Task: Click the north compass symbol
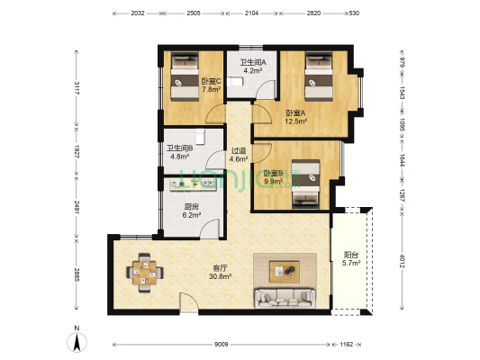click(77, 339)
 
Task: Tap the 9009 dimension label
click(221, 345)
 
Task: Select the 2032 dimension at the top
click(138, 13)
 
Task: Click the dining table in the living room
click(145, 273)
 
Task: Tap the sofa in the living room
click(285, 298)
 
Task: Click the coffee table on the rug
click(284, 271)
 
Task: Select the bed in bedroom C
click(185, 76)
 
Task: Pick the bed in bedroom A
click(319, 76)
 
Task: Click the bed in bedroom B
click(306, 184)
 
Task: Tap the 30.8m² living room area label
click(220, 276)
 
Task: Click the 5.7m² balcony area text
click(351, 263)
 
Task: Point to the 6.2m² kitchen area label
click(192, 215)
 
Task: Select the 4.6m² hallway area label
click(239, 159)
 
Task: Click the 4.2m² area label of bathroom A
click(252, 71)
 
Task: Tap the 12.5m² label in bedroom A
click(296, 121)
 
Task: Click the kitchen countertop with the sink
click(194, 184)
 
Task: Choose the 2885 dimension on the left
click(77, 274)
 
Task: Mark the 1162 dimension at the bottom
click(347, 345)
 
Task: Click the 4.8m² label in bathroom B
click(180, 157)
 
